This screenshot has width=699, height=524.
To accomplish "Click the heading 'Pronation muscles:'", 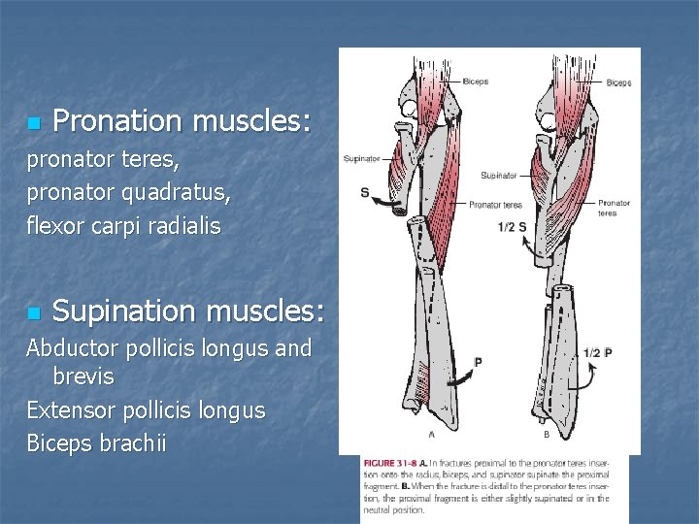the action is tap(182, 121).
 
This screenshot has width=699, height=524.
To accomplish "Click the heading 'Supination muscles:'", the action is tap(188, 311).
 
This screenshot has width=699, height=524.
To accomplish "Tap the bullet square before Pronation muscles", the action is tap(33, 123).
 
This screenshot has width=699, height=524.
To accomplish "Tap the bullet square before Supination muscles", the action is tap(33, 313).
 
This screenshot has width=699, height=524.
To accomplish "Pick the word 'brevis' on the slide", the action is tap(83, 377).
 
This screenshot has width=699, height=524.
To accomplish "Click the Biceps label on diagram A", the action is tap(476, 81).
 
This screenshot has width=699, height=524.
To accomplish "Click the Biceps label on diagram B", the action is tap(618, 83).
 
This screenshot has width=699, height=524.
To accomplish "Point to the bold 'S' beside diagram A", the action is tap(365, 192).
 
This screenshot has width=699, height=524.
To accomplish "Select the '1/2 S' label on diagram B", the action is tap(512, 227).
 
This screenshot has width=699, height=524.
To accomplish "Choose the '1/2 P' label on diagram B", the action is tap(597, 352).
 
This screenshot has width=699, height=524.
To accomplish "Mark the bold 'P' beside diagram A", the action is tap(477, 362).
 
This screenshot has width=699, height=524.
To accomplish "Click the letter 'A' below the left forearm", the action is tap(430, 434).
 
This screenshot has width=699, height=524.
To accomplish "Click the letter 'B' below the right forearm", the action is tap(546, 434).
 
